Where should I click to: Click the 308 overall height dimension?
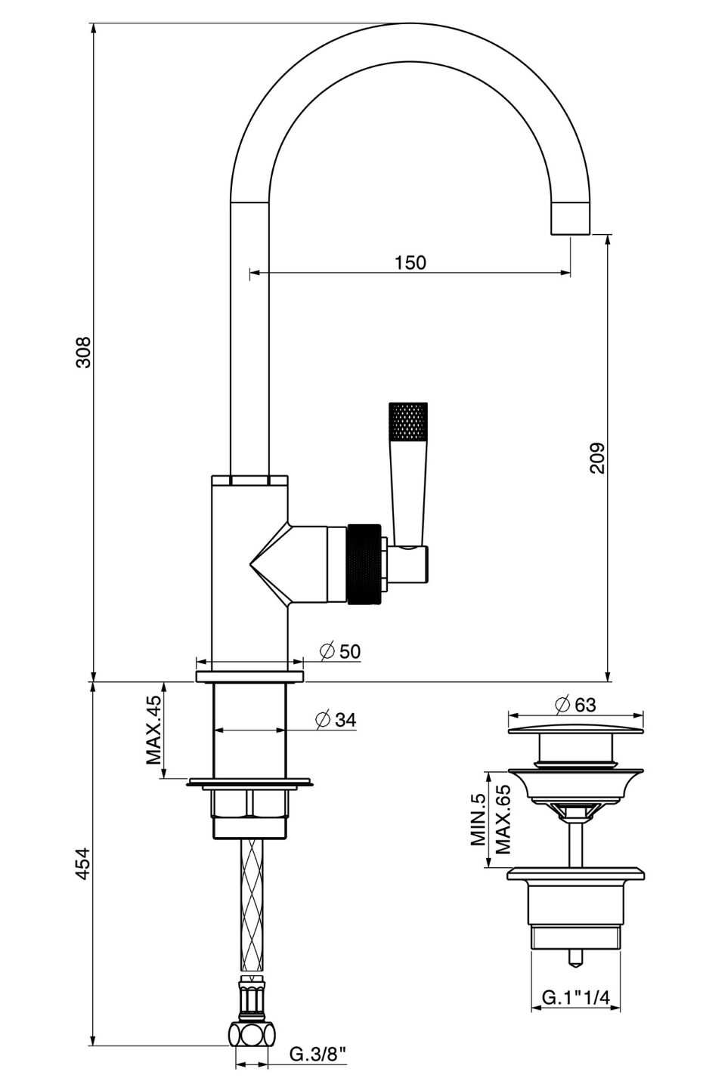(84, 352)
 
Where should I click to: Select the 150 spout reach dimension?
(410, 262)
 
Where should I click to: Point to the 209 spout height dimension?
(598, 458)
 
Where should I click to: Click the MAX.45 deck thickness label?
(154, 730)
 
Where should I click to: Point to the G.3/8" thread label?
(318, 1054)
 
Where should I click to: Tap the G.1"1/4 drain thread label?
(576, 998)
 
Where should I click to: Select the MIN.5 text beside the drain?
(478, 820)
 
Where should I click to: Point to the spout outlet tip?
(571, 219)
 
